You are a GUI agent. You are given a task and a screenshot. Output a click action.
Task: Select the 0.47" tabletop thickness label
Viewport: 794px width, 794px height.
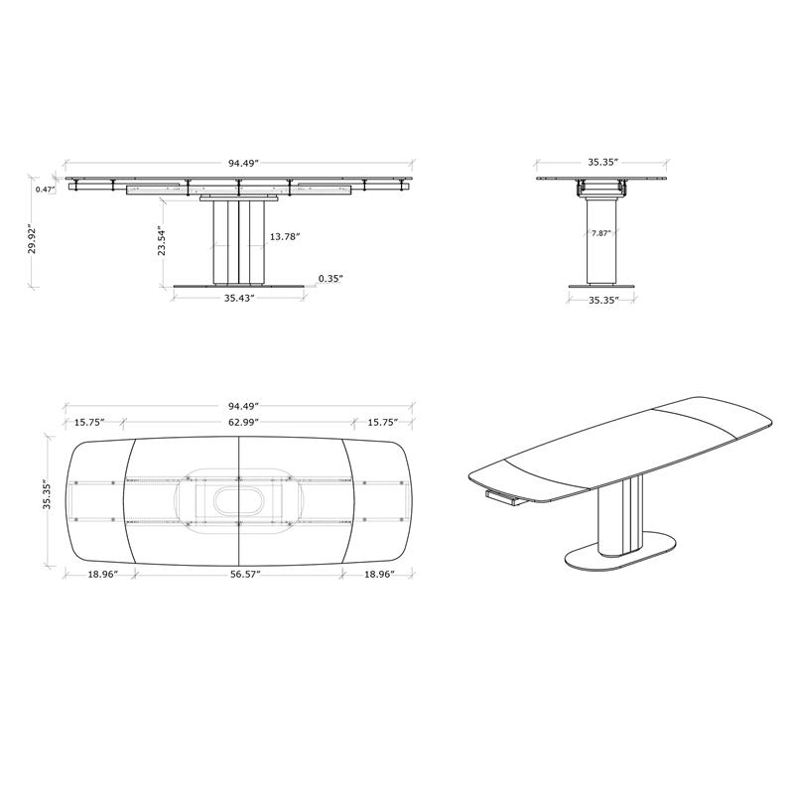(x=45, y=190)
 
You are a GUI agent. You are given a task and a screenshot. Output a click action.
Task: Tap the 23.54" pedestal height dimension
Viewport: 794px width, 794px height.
(x=162, y=240)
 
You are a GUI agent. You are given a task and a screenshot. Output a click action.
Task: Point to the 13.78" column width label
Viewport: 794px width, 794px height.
(x=285, y=236)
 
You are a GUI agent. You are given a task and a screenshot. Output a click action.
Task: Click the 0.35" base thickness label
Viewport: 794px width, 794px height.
(x=331, y=278)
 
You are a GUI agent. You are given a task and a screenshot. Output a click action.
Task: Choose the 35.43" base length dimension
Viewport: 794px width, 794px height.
(x=239, y=298)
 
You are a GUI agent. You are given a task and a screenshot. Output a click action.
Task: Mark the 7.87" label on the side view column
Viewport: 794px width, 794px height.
(x=601, y=233)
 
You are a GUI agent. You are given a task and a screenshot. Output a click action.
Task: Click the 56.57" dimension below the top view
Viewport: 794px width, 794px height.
(x=244, y=574)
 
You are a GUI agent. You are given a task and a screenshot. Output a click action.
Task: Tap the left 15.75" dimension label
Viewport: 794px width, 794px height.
(x=89, y=422)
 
